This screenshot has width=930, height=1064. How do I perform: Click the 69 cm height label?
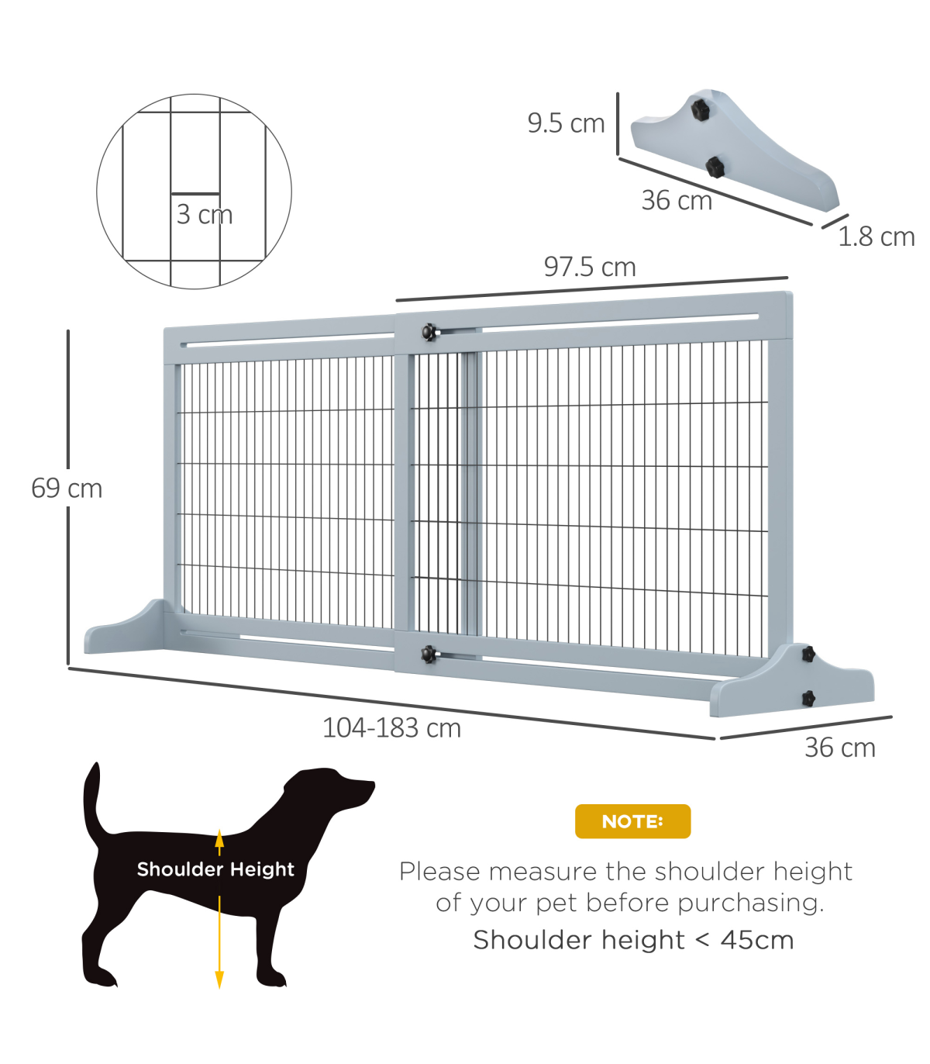click(x=67, y=489)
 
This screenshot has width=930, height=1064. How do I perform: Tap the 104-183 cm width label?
click(x=391, y=727)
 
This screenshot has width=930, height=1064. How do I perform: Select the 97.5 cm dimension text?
click(x=590, y=267)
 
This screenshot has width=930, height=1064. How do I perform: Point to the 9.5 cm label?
click(x=566, y=123)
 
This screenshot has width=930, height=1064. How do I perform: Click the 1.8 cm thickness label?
click(x=876, y=237)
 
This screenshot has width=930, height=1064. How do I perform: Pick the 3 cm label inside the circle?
click(x=204, y=214)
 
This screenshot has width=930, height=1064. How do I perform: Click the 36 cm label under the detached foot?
click(x=677, y=200)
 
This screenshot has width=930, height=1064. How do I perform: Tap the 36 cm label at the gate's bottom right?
click(x=840, y=748)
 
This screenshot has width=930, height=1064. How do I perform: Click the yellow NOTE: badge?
click(x=632, y=821)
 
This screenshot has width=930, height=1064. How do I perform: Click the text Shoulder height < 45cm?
click(x=633, y=940)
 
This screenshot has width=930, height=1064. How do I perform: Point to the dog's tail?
click(x=95, y=801)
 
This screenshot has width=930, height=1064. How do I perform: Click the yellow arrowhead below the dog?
click(x=219, y=979)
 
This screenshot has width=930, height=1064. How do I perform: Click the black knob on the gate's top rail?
click(x=429, y=332)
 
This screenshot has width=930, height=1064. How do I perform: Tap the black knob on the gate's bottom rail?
click(x=428, y=655)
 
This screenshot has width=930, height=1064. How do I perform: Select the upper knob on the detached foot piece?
click(x=701, y=109)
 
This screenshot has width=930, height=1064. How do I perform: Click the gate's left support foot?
click(x=125, y=627)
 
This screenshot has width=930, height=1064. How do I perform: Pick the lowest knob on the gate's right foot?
click(x=808, y=698)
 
